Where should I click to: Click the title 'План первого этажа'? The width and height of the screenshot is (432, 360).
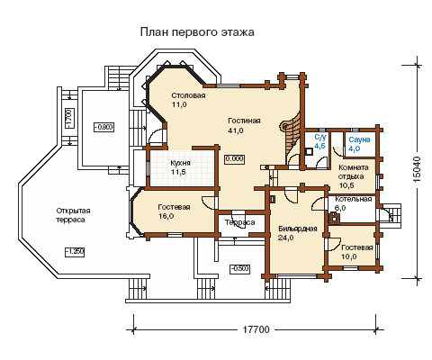(x=197, y=32)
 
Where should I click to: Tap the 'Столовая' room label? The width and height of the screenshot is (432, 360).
(x=188, y=95)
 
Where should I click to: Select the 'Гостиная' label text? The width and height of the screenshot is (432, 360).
(x=244, y=121)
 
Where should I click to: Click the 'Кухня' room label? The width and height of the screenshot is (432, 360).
(x=180, y=163)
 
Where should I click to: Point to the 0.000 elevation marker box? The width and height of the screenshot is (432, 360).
(x=234, y=158)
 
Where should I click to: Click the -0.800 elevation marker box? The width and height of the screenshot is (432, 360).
(x=103, y=127)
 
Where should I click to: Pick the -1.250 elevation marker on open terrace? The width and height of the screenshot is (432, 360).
(x=75, y=252)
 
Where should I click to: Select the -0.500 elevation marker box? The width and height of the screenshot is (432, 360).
(x=240, y=268)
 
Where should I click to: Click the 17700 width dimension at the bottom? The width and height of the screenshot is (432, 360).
(x=256, y=329)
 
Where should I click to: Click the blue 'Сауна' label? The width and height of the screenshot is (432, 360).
(x=359, y=139)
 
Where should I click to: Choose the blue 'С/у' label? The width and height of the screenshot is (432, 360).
(x=319, y=138)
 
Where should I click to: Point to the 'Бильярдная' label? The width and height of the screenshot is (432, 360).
(x=298, y=229)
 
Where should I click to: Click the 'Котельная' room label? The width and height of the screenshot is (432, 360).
(x=354, y=199)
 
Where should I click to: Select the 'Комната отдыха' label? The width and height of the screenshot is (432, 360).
(x=353, y=172)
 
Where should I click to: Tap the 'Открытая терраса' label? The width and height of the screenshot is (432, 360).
(x=73, y=215)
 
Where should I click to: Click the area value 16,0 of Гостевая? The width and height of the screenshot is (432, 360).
(x=166, y=216)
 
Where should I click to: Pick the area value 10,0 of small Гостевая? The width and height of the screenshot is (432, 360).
(x=349, y=256)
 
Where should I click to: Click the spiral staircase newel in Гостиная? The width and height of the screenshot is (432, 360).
(x=283, y=126)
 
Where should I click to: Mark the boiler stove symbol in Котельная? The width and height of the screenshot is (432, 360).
(x=334, y=219)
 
